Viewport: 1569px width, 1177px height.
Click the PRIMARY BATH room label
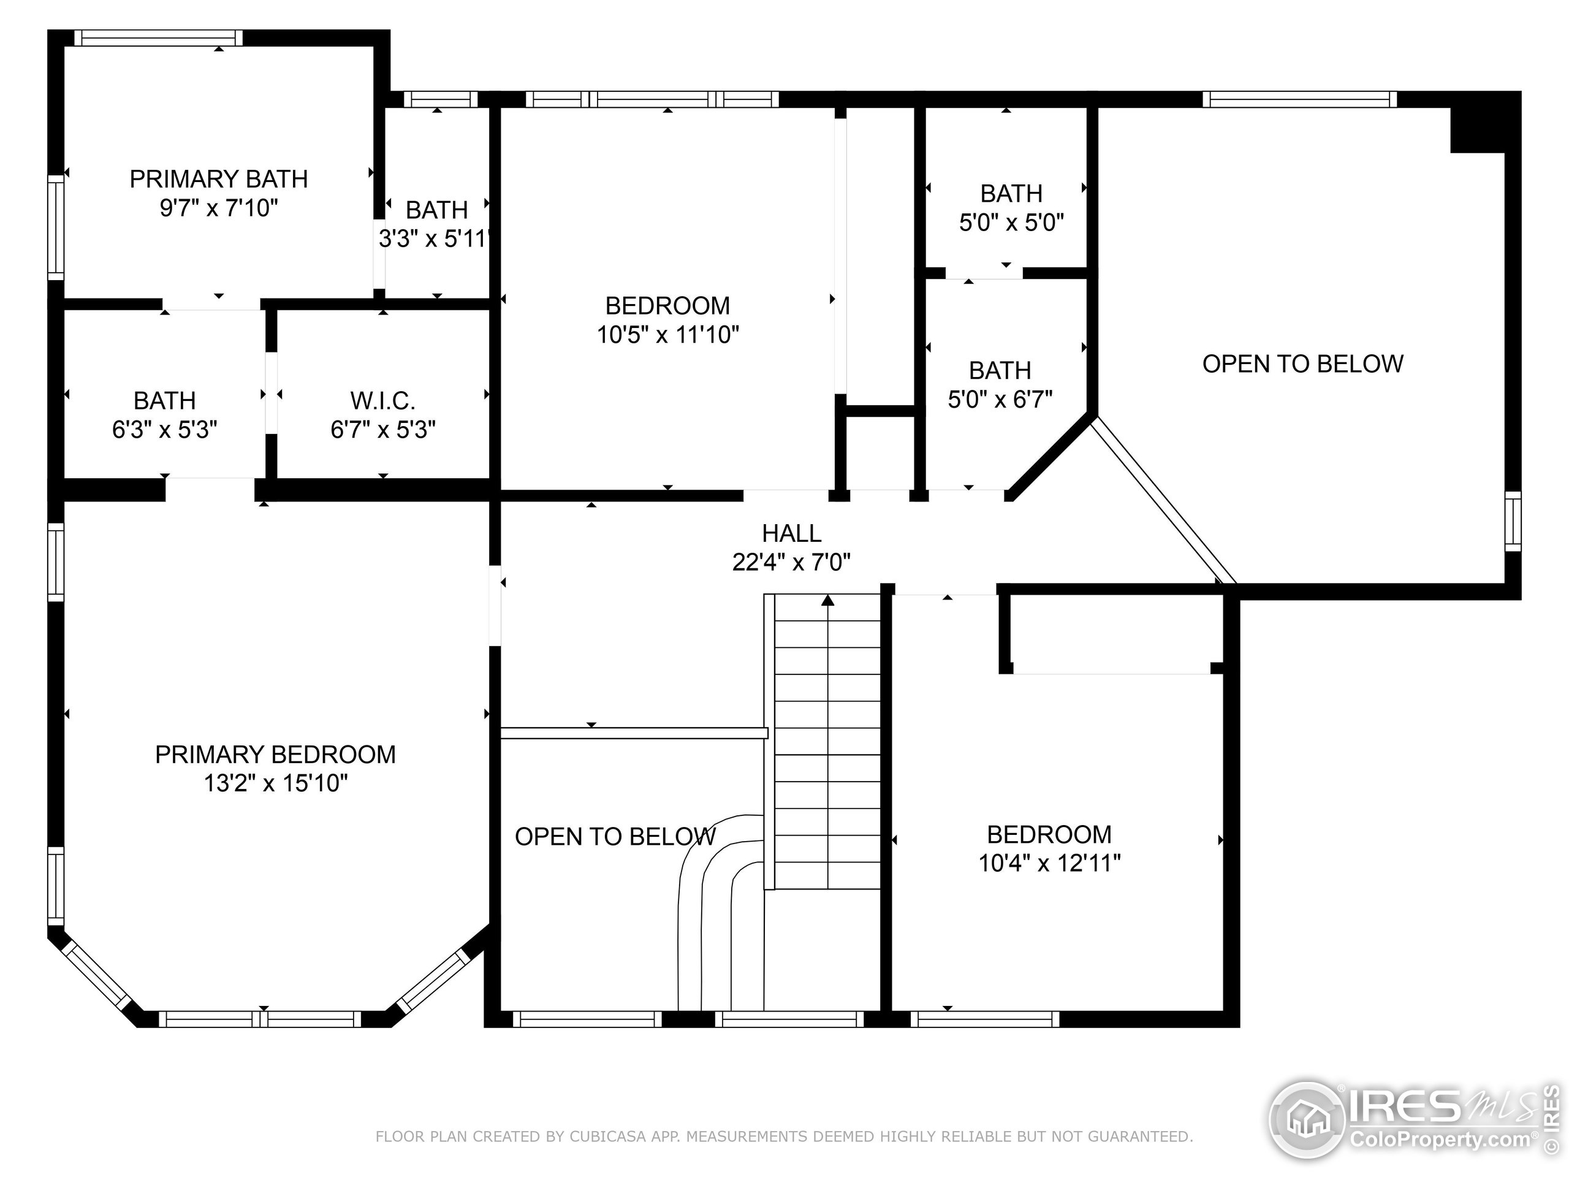coord(218,179)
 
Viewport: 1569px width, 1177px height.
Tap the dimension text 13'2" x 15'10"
coord(275,783)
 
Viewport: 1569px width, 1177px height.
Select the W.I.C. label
coord(382,401)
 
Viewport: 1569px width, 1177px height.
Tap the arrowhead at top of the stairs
coord(828,601)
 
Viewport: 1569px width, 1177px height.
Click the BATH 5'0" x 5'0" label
coord(1011,193)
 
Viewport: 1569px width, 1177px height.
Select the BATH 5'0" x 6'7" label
coord(1000,370)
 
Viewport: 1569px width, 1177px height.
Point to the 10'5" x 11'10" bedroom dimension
coord(667,334)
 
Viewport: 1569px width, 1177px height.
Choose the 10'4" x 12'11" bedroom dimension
coord(1049,863)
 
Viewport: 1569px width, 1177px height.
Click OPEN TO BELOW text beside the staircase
coord(615,837)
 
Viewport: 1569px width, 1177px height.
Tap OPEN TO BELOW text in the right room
coord(1302,364)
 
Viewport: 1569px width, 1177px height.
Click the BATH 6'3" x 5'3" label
coord(164,401)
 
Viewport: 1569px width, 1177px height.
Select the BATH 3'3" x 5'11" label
coord(436,210)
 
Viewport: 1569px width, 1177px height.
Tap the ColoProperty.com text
coord(1440,1140)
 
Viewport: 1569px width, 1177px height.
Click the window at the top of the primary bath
coord(158,37)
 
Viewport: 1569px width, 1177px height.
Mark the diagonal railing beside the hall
coord(1163,501)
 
